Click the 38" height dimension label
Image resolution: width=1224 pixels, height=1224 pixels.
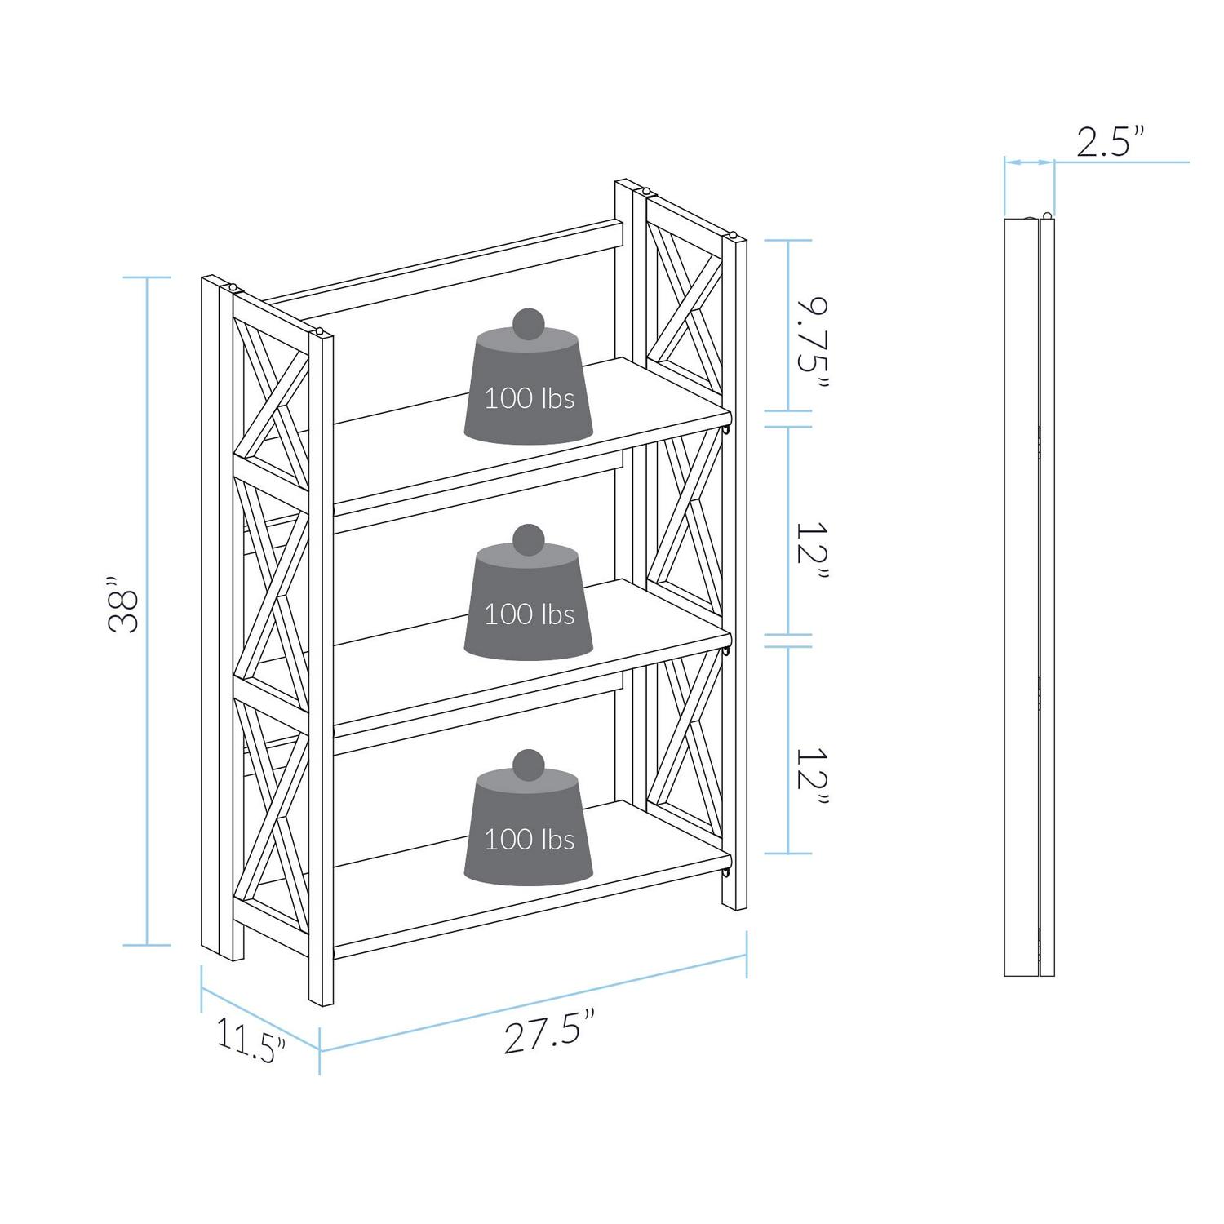[x=123, y=605]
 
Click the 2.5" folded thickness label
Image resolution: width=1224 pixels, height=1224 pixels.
[x=1111, y=141]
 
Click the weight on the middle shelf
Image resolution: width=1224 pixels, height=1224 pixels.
[x=529, y=592]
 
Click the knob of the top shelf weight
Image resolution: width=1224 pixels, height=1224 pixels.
[x=529, y=323]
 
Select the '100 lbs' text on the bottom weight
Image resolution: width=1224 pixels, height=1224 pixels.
[x=530, y=839]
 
